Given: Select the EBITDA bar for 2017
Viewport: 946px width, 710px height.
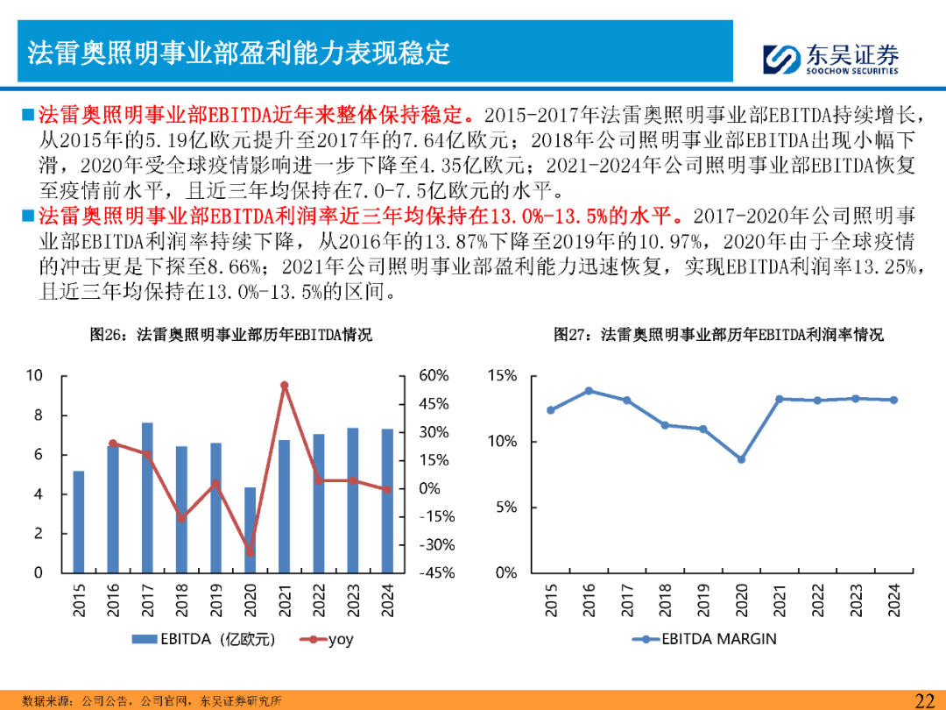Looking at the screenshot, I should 147,497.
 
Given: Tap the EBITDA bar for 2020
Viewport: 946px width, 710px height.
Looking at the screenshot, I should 250,529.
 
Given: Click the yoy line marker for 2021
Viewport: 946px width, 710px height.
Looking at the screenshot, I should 284,385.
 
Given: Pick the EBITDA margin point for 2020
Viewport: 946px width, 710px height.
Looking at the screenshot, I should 741,459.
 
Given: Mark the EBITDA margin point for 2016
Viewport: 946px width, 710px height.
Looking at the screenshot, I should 589,391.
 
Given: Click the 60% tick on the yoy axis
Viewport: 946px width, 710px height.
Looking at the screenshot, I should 434,376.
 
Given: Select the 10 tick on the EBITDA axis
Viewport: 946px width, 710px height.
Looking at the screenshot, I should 34,376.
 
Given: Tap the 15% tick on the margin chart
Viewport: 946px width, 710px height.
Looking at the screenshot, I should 502,376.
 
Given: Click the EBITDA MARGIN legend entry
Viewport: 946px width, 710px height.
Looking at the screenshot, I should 704,639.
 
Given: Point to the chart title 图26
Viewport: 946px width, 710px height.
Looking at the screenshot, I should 231,335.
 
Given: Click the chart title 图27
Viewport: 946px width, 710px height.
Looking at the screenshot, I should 718,335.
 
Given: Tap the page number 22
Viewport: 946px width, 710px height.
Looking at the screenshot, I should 924,699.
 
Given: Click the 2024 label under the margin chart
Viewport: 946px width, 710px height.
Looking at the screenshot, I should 893,600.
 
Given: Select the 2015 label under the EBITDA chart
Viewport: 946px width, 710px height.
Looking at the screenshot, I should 80,600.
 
